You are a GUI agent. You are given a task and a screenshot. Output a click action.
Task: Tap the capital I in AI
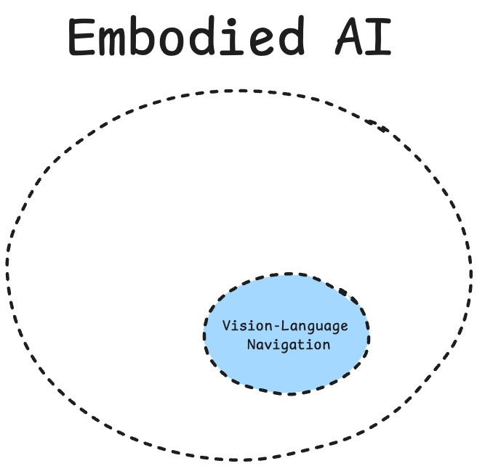[x=380, y=37]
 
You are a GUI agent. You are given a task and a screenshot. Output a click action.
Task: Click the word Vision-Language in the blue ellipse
[x=285, y=326]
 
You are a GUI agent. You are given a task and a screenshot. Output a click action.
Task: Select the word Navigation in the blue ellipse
[x=289, y=345]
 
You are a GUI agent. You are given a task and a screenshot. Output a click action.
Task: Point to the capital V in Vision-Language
[x=226, y=325]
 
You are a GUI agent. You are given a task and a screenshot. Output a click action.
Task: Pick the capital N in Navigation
[x=251, y=345]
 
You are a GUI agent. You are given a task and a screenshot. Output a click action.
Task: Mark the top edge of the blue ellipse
[x=287, y=275]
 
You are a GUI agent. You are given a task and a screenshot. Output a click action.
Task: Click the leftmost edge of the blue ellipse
[x=204, y=334]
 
